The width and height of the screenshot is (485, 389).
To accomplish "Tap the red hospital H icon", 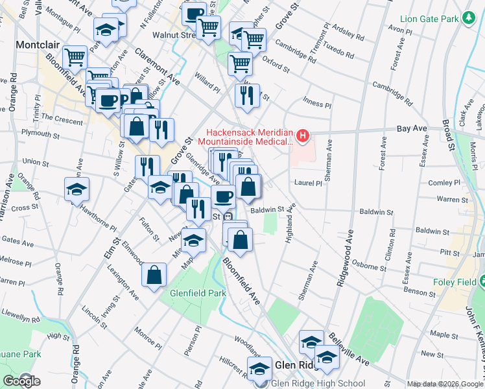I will (x=302, y=136).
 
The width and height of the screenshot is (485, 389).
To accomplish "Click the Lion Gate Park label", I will (x=430, y=19).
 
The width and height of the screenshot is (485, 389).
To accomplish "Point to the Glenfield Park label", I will (x=198, y=293).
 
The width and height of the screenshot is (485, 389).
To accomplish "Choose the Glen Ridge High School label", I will (x=318, y=383).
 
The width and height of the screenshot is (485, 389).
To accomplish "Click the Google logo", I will (x=21, y=381).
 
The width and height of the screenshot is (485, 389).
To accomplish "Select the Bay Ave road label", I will (x=412, y=128).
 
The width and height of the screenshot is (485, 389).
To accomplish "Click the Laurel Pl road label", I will (x=308, y=183).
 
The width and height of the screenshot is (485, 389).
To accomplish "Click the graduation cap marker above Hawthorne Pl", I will (x=77, y=189).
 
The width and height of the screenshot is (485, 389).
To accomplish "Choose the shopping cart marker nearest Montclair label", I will (x=75, y=57).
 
